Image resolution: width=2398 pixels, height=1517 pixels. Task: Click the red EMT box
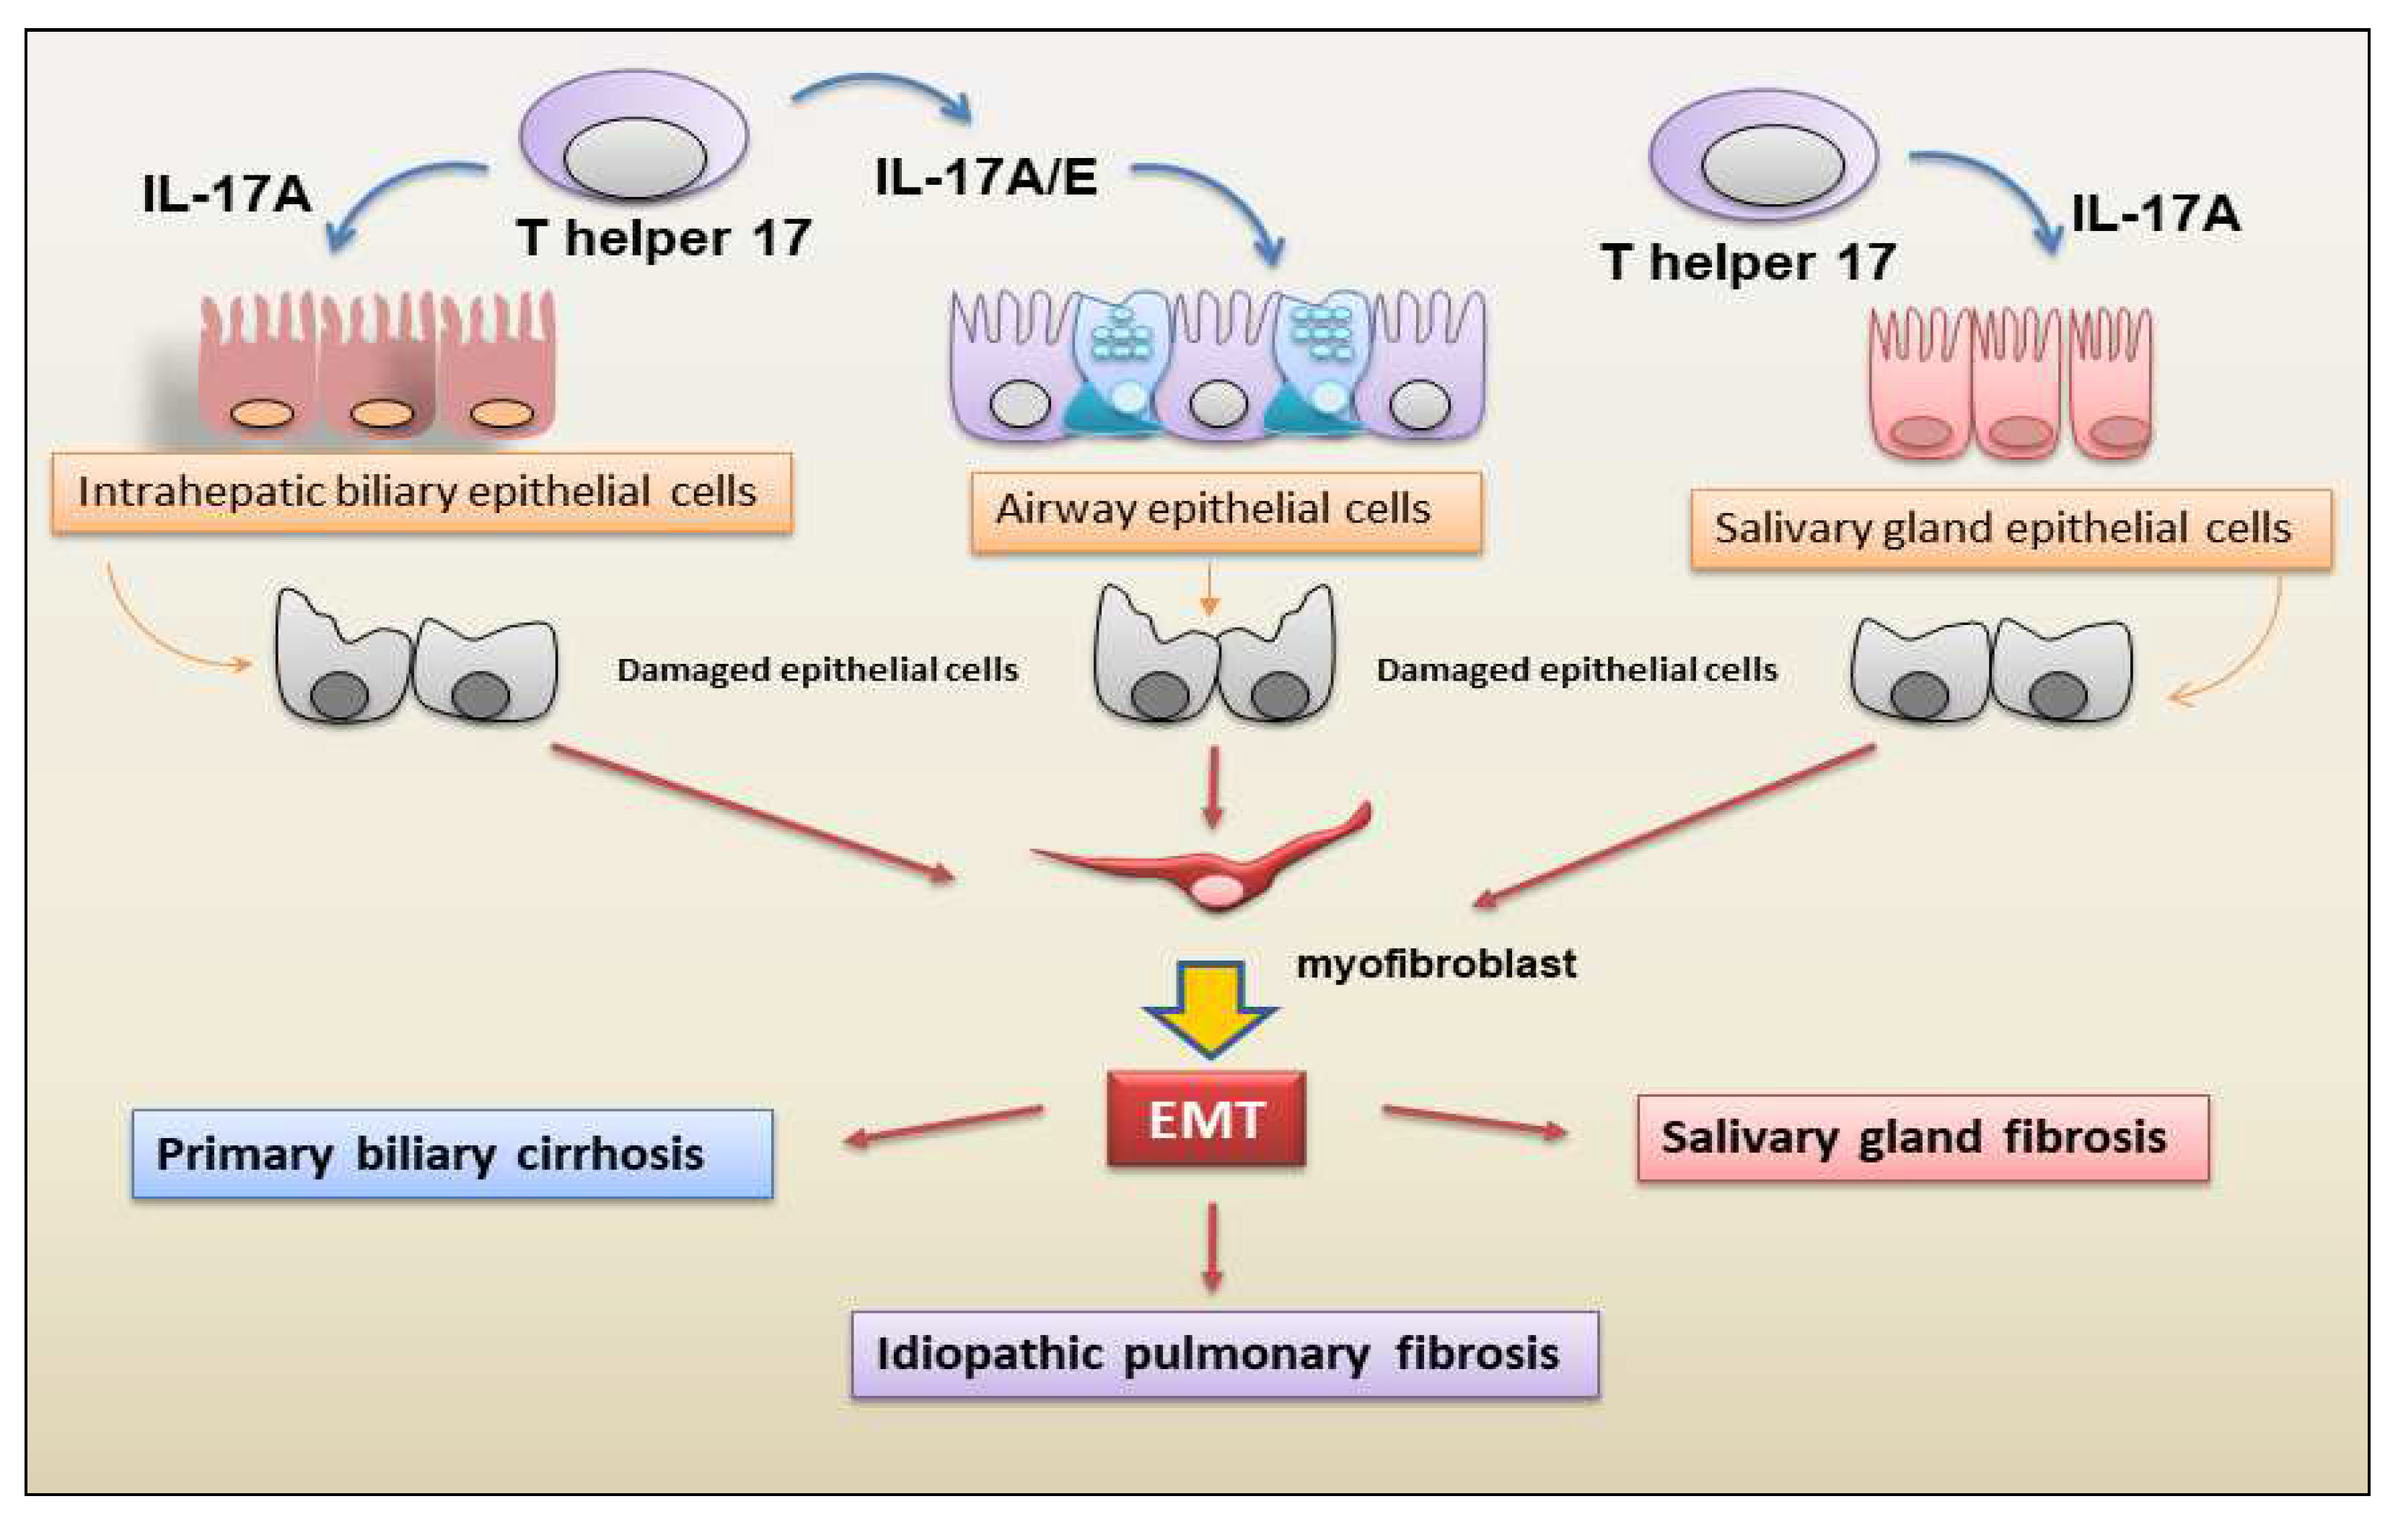(x=1206, y=1118)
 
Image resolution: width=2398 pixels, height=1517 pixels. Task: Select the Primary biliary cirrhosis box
(x=453, y=1153)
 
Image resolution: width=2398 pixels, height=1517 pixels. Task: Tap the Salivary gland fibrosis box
(x=1923, y=1137)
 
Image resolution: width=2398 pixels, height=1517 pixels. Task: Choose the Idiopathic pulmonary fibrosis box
(x=1226, y=1354)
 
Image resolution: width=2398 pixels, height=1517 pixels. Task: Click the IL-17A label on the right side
(x=2156, y=213)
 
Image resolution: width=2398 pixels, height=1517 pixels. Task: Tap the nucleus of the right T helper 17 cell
(x=1773, y=165)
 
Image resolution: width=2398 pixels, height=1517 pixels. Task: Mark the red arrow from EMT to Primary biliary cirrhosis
(x=943, y=1126)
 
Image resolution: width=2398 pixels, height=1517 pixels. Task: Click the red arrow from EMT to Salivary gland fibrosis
(x=1474, y=1121)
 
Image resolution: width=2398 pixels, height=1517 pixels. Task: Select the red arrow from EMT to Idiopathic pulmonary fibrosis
(x=1212, y=1248)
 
